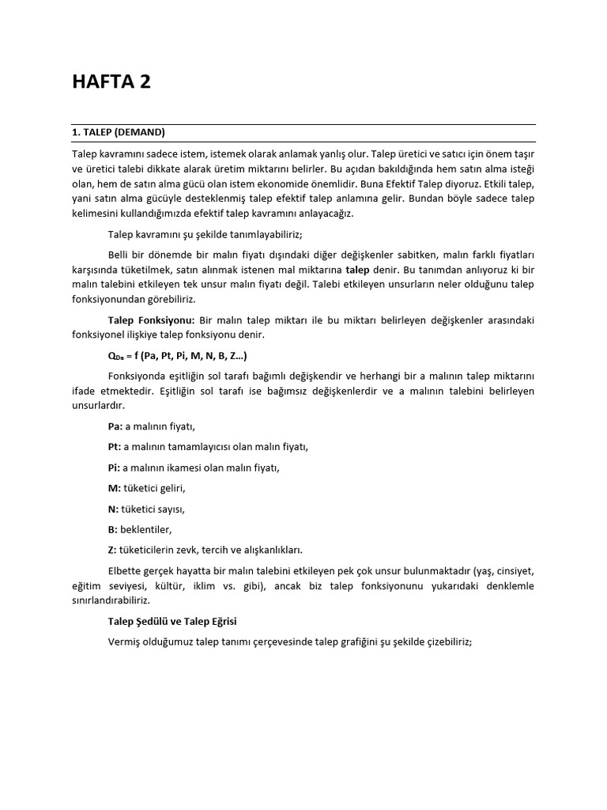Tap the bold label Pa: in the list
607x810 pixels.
pyautogui.click(x=115, y=426)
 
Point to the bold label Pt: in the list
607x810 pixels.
pyautogui.click(x=115, y=447)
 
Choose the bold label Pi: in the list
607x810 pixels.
pyautogui.click(x=115, y=467)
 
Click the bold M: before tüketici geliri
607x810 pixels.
pyautogui.click(x=115, y=488)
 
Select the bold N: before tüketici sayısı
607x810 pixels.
pyautogui.click(x=114, y=509)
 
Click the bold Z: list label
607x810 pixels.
pyautogui.click(x=112, y=550)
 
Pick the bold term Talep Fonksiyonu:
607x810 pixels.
pyautogui.click(x=151, y=320)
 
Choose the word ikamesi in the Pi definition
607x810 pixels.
pyautogui.click(x=175, y=467)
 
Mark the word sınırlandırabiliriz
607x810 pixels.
pyautogui.click(x=118, y=601)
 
